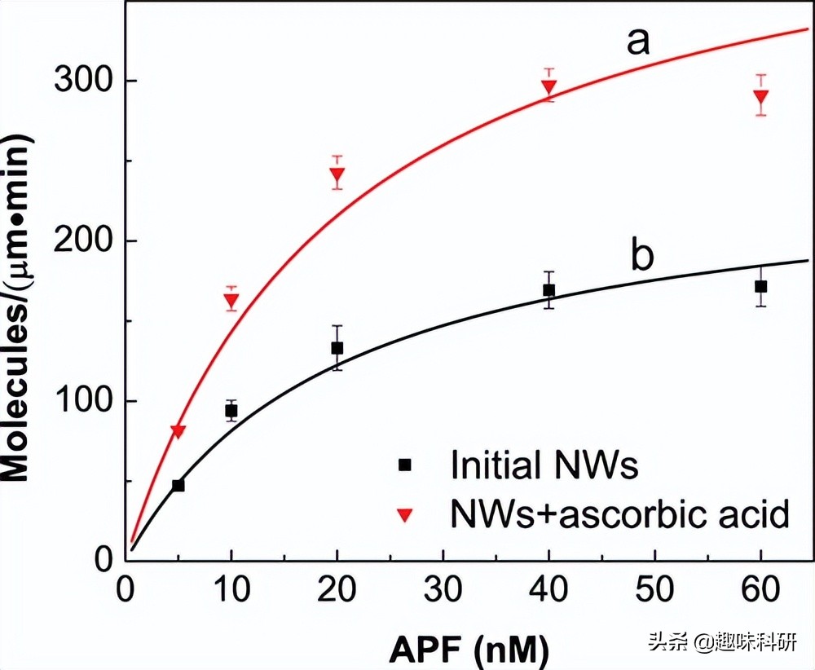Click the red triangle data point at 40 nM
point(548,86)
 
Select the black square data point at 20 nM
point(337,348)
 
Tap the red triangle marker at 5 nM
point(178,431)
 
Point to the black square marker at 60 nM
point(760,286)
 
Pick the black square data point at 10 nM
point(231,411)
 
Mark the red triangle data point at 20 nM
point(337,174)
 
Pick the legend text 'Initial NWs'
point(544,465)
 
